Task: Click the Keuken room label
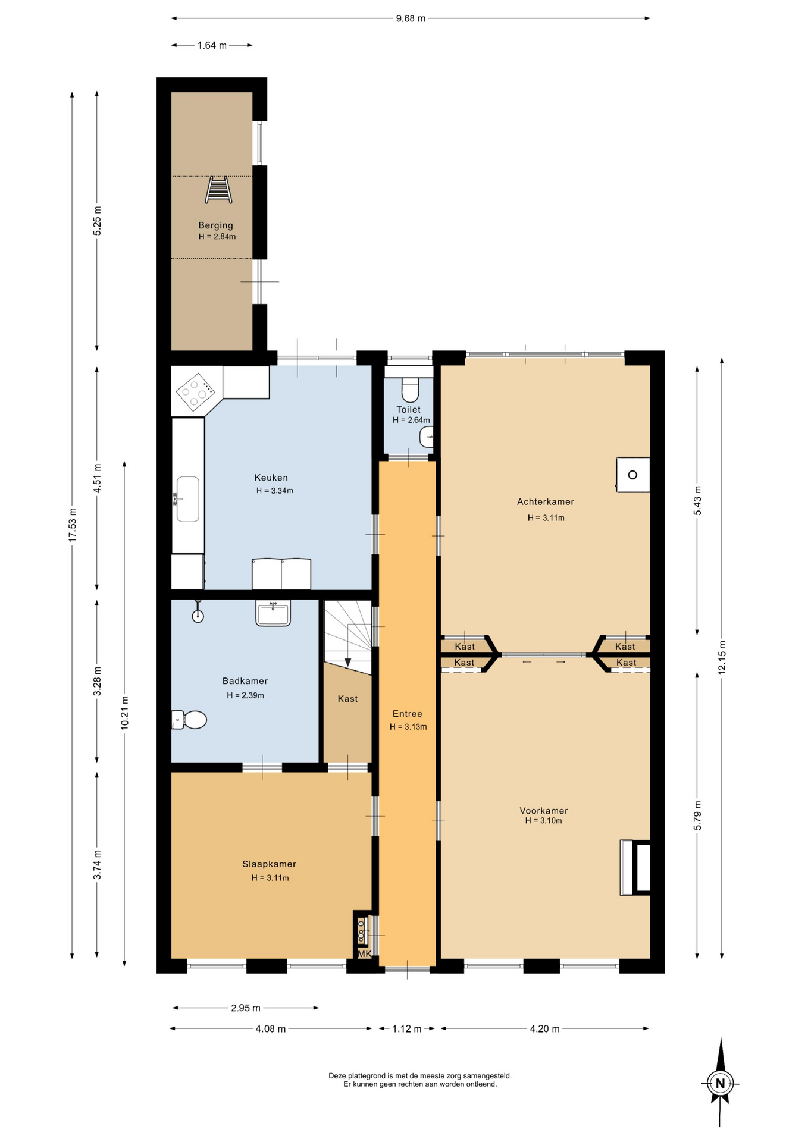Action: pos(271,478)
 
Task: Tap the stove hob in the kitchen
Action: pos(195,392)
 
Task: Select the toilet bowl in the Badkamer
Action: pos(189,720)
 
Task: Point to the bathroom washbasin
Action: pos(273,613)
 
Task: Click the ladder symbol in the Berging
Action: pos(218,190)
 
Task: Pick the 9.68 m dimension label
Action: pos(411,18)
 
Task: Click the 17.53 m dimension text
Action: pos(73,525)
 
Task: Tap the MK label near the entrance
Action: pos(364,954)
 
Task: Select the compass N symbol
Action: pos(720,1083)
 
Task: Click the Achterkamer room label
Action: pos(545,502)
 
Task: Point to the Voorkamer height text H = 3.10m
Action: pos(543,821)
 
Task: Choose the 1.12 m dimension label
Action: pos(407,1029)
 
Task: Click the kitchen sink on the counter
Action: pos(187,499)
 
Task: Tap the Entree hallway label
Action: pos(408,714)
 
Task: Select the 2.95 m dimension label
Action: pos(246,1008)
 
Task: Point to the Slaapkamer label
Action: pos(269,864)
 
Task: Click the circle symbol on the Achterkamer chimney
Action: pos(632,475)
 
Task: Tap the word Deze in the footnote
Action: pos(337,1075)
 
